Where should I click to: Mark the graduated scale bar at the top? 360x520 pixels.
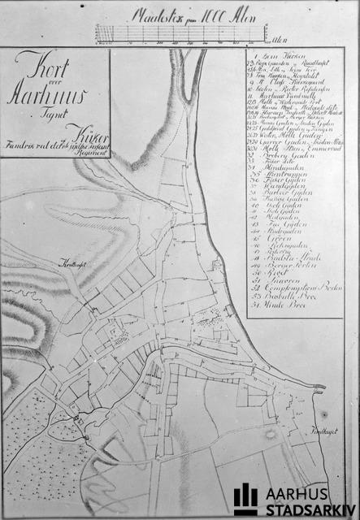click(x=180, y=32)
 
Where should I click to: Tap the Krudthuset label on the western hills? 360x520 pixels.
click(x=73, y=265)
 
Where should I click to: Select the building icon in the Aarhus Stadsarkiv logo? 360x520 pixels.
click(x=245, y=498)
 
